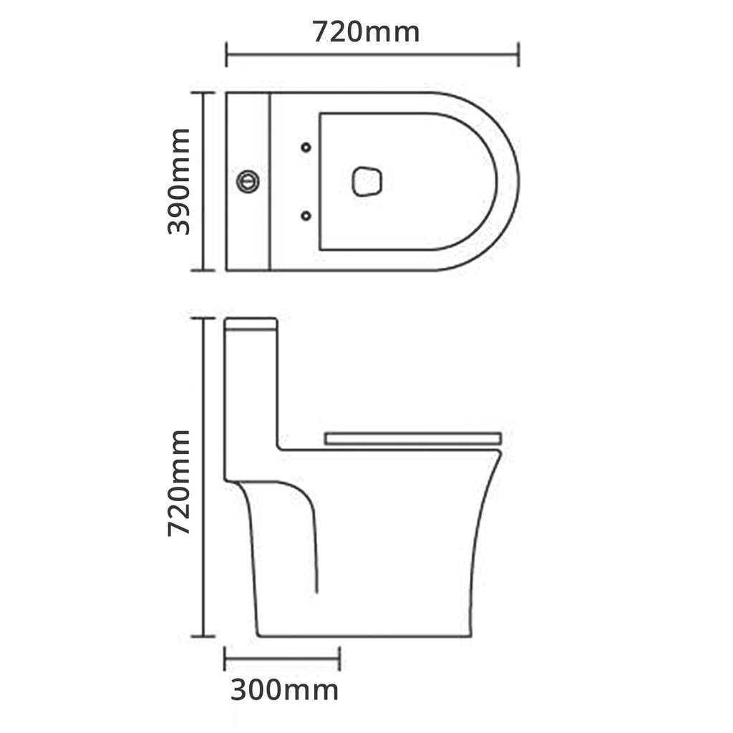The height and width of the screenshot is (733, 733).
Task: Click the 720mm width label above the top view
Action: click(366, 32)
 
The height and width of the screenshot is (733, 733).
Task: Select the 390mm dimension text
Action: click(179, 182)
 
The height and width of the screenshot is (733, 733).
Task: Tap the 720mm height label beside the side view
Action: click(179, 483)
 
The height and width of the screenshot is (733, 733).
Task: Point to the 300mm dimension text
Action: click(284, 691)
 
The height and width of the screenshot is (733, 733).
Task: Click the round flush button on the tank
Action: click(248, 181)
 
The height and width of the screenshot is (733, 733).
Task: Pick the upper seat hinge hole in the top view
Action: click(306, 147)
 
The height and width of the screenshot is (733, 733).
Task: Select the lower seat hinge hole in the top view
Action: click(306, 215)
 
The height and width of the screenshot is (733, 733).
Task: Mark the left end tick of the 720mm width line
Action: click(227, 54)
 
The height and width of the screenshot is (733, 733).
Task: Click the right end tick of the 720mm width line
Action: click(518, 54)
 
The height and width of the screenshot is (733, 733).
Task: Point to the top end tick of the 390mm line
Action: click(203, 92)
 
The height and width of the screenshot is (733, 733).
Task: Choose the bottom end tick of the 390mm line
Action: click(203, 271)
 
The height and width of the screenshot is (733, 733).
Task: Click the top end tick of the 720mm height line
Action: click(203, 318)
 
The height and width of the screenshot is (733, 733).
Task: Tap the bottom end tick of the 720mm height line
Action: click(203, 636)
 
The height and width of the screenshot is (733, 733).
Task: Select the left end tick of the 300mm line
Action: click(225, 659)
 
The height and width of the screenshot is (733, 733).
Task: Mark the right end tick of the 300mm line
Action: click(339, 659)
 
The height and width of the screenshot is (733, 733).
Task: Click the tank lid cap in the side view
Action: click(251, 324)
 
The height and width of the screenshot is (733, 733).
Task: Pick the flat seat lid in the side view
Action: click(413, 438)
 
